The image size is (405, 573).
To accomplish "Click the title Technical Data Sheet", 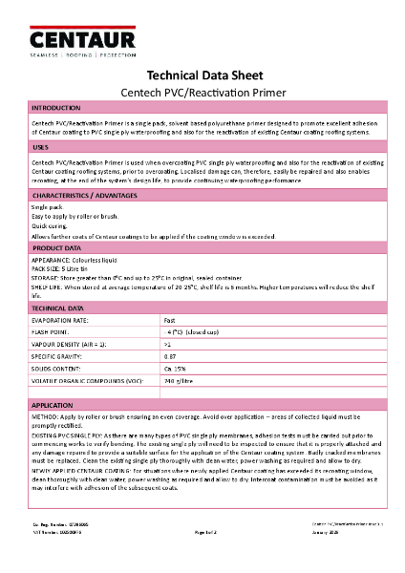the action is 202,75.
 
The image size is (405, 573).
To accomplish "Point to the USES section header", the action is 40,148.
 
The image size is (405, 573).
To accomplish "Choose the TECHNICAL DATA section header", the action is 58,308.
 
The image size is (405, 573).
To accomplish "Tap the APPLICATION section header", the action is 53,406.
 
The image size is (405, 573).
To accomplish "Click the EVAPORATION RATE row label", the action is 64,320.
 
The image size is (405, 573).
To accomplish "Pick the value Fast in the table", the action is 170,320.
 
